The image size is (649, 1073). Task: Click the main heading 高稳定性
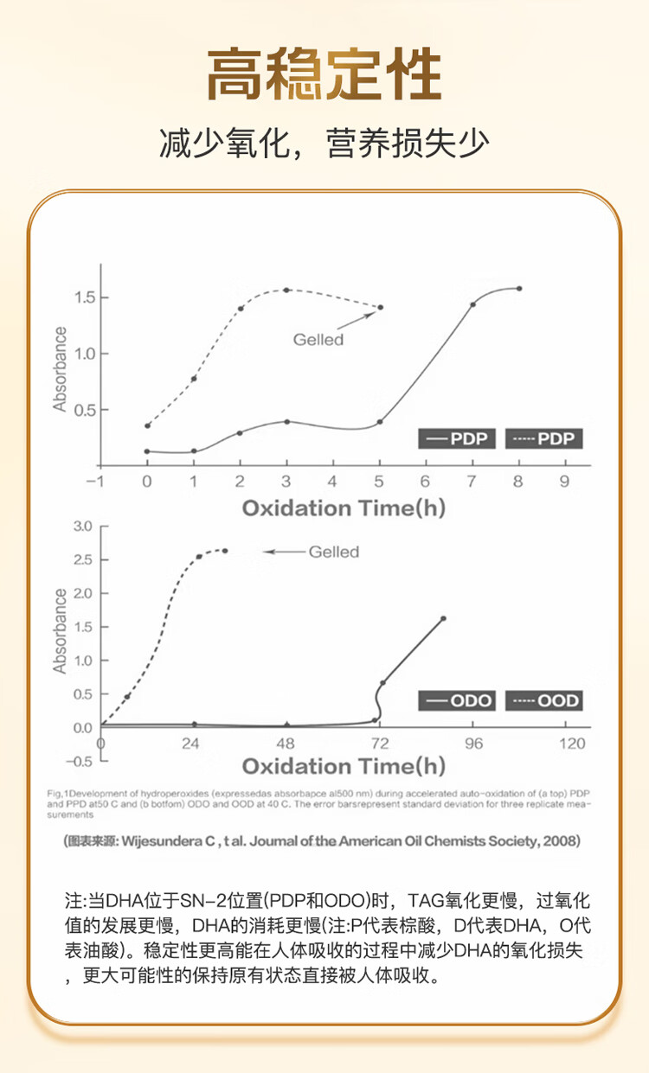click(x=324, y=75)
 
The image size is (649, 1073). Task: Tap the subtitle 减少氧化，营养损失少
click(x=324, y=144)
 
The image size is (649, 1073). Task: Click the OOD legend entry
click(x=544, y=699)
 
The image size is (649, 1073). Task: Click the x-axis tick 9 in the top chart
click(x=564, y=482)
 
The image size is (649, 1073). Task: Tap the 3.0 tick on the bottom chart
click(x=83, y=526)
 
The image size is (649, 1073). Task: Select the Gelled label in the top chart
click(x=318, y=340)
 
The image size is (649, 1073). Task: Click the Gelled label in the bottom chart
click(x=333, y=552)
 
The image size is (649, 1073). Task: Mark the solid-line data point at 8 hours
click(x=519, y=289)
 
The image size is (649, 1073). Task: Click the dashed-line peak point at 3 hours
click(x=286, y=290)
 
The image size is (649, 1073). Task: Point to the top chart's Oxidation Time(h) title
click(x=343, y=508)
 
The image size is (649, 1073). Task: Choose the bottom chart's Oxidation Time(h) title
click(x=343, y=766)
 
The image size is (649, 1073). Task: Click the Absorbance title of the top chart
click(x=60, y=369)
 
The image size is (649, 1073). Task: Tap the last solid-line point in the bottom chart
click(x=443, y=618)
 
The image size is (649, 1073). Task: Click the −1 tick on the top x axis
click(x=99, y=482)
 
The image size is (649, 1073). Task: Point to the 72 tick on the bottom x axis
click(x=378, y=744)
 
